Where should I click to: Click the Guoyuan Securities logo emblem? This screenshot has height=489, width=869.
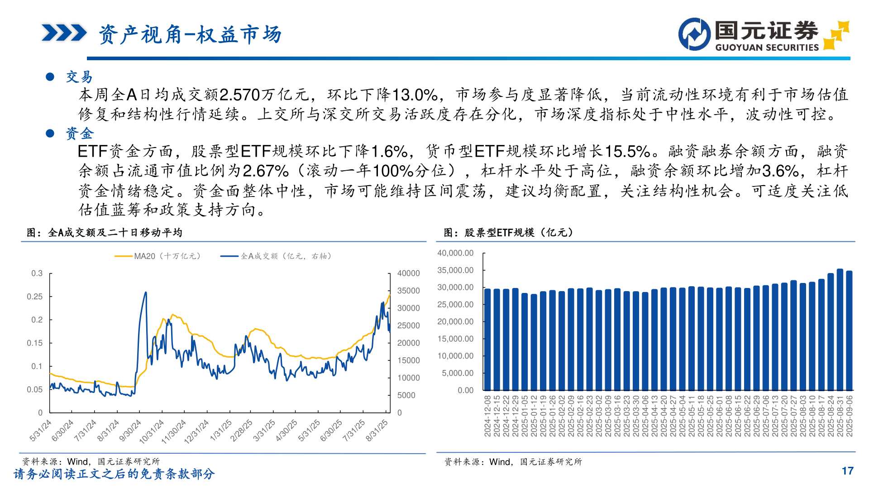tap(694, 34)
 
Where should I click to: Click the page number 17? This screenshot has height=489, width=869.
tap(847, 471)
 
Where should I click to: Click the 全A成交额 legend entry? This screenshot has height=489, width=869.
tap(276, 256)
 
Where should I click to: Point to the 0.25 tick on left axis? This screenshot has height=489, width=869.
tap(35, 297)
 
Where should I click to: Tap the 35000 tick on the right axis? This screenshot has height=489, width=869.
tap(408, 291)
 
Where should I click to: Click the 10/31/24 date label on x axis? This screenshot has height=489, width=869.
tap(152, 431)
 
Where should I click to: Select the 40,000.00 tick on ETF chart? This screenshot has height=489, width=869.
tap(455, 253)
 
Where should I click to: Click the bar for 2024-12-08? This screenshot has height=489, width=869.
tap(487, 340)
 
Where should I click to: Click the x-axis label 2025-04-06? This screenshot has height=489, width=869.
tap(645, 416)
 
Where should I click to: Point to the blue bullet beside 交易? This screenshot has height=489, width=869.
tap(50, 77)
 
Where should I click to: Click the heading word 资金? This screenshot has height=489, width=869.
tap(80, 133)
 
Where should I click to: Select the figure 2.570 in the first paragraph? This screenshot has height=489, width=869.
tap(239, 95)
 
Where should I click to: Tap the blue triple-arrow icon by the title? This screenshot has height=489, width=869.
tap(64, 33)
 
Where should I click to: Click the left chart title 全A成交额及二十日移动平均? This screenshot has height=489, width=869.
tap(115, 233)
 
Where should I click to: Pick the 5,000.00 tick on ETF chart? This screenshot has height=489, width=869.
tap(458, 373)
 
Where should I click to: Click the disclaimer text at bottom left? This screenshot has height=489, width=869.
tap(114, 474)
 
